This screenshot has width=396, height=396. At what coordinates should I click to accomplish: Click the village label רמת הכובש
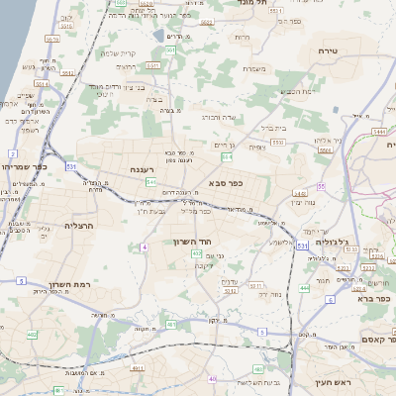(x=296, y=91)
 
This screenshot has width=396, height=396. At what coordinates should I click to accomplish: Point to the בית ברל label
(x=268, y=128)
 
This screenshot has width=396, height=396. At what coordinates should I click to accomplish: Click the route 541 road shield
(x=150, y=183)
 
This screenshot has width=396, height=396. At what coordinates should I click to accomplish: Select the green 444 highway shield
(x=304, y=287)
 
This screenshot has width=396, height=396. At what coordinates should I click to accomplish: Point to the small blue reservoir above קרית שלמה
(x=158, y=36)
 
